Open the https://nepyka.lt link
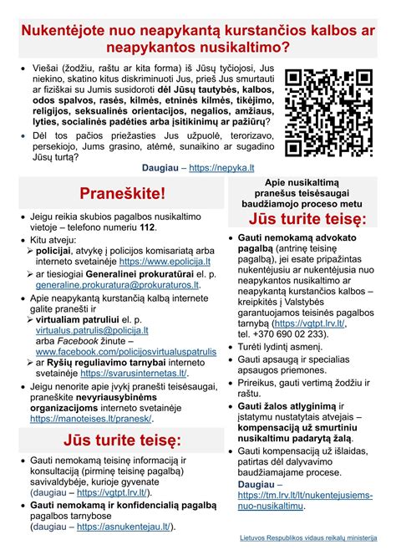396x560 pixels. (x=221, y=167)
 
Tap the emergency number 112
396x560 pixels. (x=148, y=227)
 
